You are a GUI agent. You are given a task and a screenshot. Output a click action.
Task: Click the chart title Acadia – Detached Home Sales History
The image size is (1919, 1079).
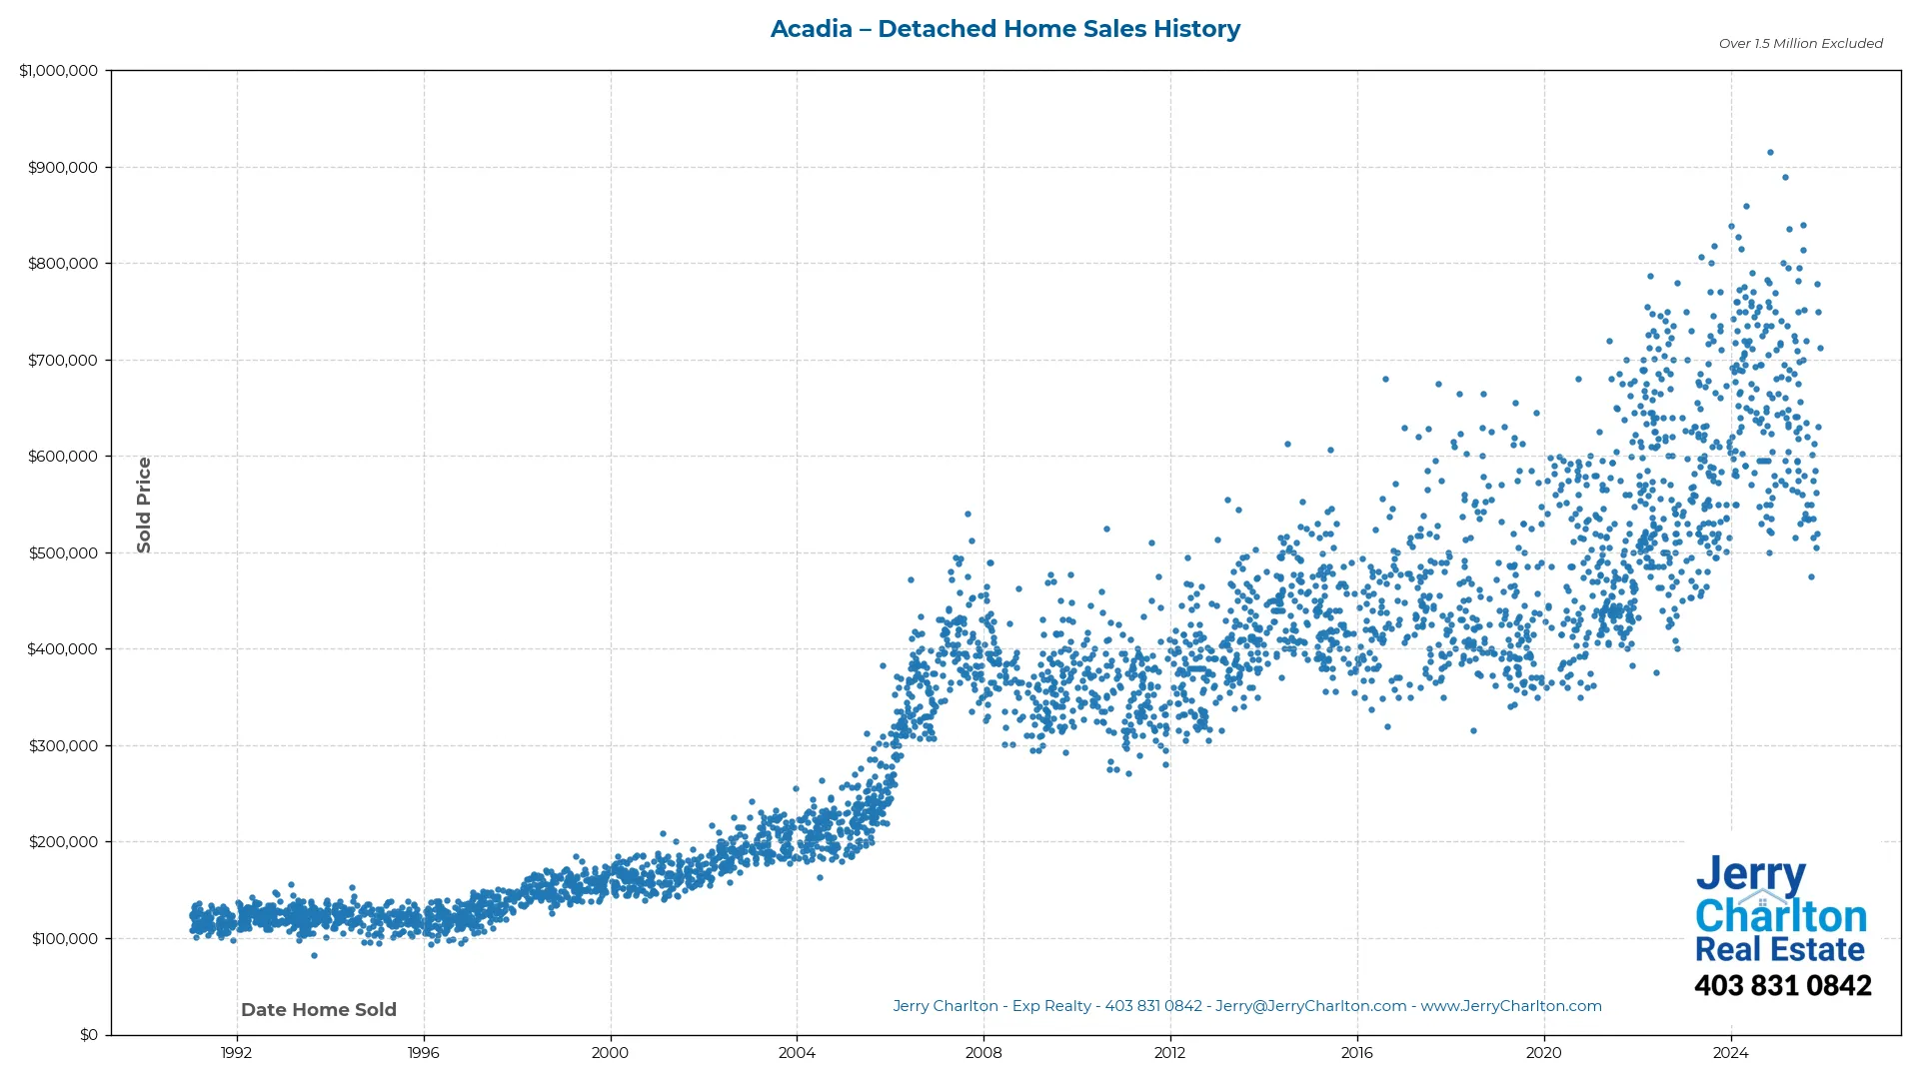click(1004, 29)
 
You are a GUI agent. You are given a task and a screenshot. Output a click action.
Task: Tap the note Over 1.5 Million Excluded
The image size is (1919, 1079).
click(1800, 44)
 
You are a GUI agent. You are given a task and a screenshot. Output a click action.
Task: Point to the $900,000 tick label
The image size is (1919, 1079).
click(63, 168)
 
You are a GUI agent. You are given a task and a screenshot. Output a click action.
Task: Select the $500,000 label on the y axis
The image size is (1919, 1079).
click(63, 553)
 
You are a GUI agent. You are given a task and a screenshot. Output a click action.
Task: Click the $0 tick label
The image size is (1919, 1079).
click(89, 1035)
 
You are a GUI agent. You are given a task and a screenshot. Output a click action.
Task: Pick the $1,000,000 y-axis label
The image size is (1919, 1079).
click(59, 71)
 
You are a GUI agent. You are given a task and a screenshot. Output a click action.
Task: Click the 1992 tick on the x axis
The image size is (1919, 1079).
click(237, 1053)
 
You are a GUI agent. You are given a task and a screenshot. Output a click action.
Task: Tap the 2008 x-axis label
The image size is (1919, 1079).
click(983, 1053)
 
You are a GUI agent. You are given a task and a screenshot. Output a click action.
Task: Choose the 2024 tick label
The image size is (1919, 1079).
click(1730, 1053)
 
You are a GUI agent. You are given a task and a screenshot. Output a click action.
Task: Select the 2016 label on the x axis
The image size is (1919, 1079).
click(1356, 1053)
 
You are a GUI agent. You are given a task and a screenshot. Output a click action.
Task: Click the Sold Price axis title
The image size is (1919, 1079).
click(144, 505)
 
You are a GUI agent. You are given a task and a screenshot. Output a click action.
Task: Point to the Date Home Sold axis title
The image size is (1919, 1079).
click(319, 1010)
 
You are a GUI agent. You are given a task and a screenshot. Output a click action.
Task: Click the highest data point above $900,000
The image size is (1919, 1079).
click(1770, 153)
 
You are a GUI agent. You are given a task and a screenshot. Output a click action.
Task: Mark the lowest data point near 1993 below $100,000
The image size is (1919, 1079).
click(314, 956)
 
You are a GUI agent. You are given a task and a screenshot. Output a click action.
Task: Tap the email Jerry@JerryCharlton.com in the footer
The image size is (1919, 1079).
click(1310, 1006)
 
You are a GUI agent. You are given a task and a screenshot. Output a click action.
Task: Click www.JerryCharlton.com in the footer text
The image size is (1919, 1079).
click(1510, 1006)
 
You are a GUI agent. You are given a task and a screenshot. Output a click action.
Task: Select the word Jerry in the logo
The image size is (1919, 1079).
click(1750, 875)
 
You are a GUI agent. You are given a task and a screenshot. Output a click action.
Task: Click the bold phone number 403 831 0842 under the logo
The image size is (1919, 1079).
click(1782, 986)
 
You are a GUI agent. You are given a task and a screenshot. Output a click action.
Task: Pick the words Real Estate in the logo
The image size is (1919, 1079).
click(1779, 949)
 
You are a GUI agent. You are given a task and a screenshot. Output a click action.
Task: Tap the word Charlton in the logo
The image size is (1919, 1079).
click(1780, 916)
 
